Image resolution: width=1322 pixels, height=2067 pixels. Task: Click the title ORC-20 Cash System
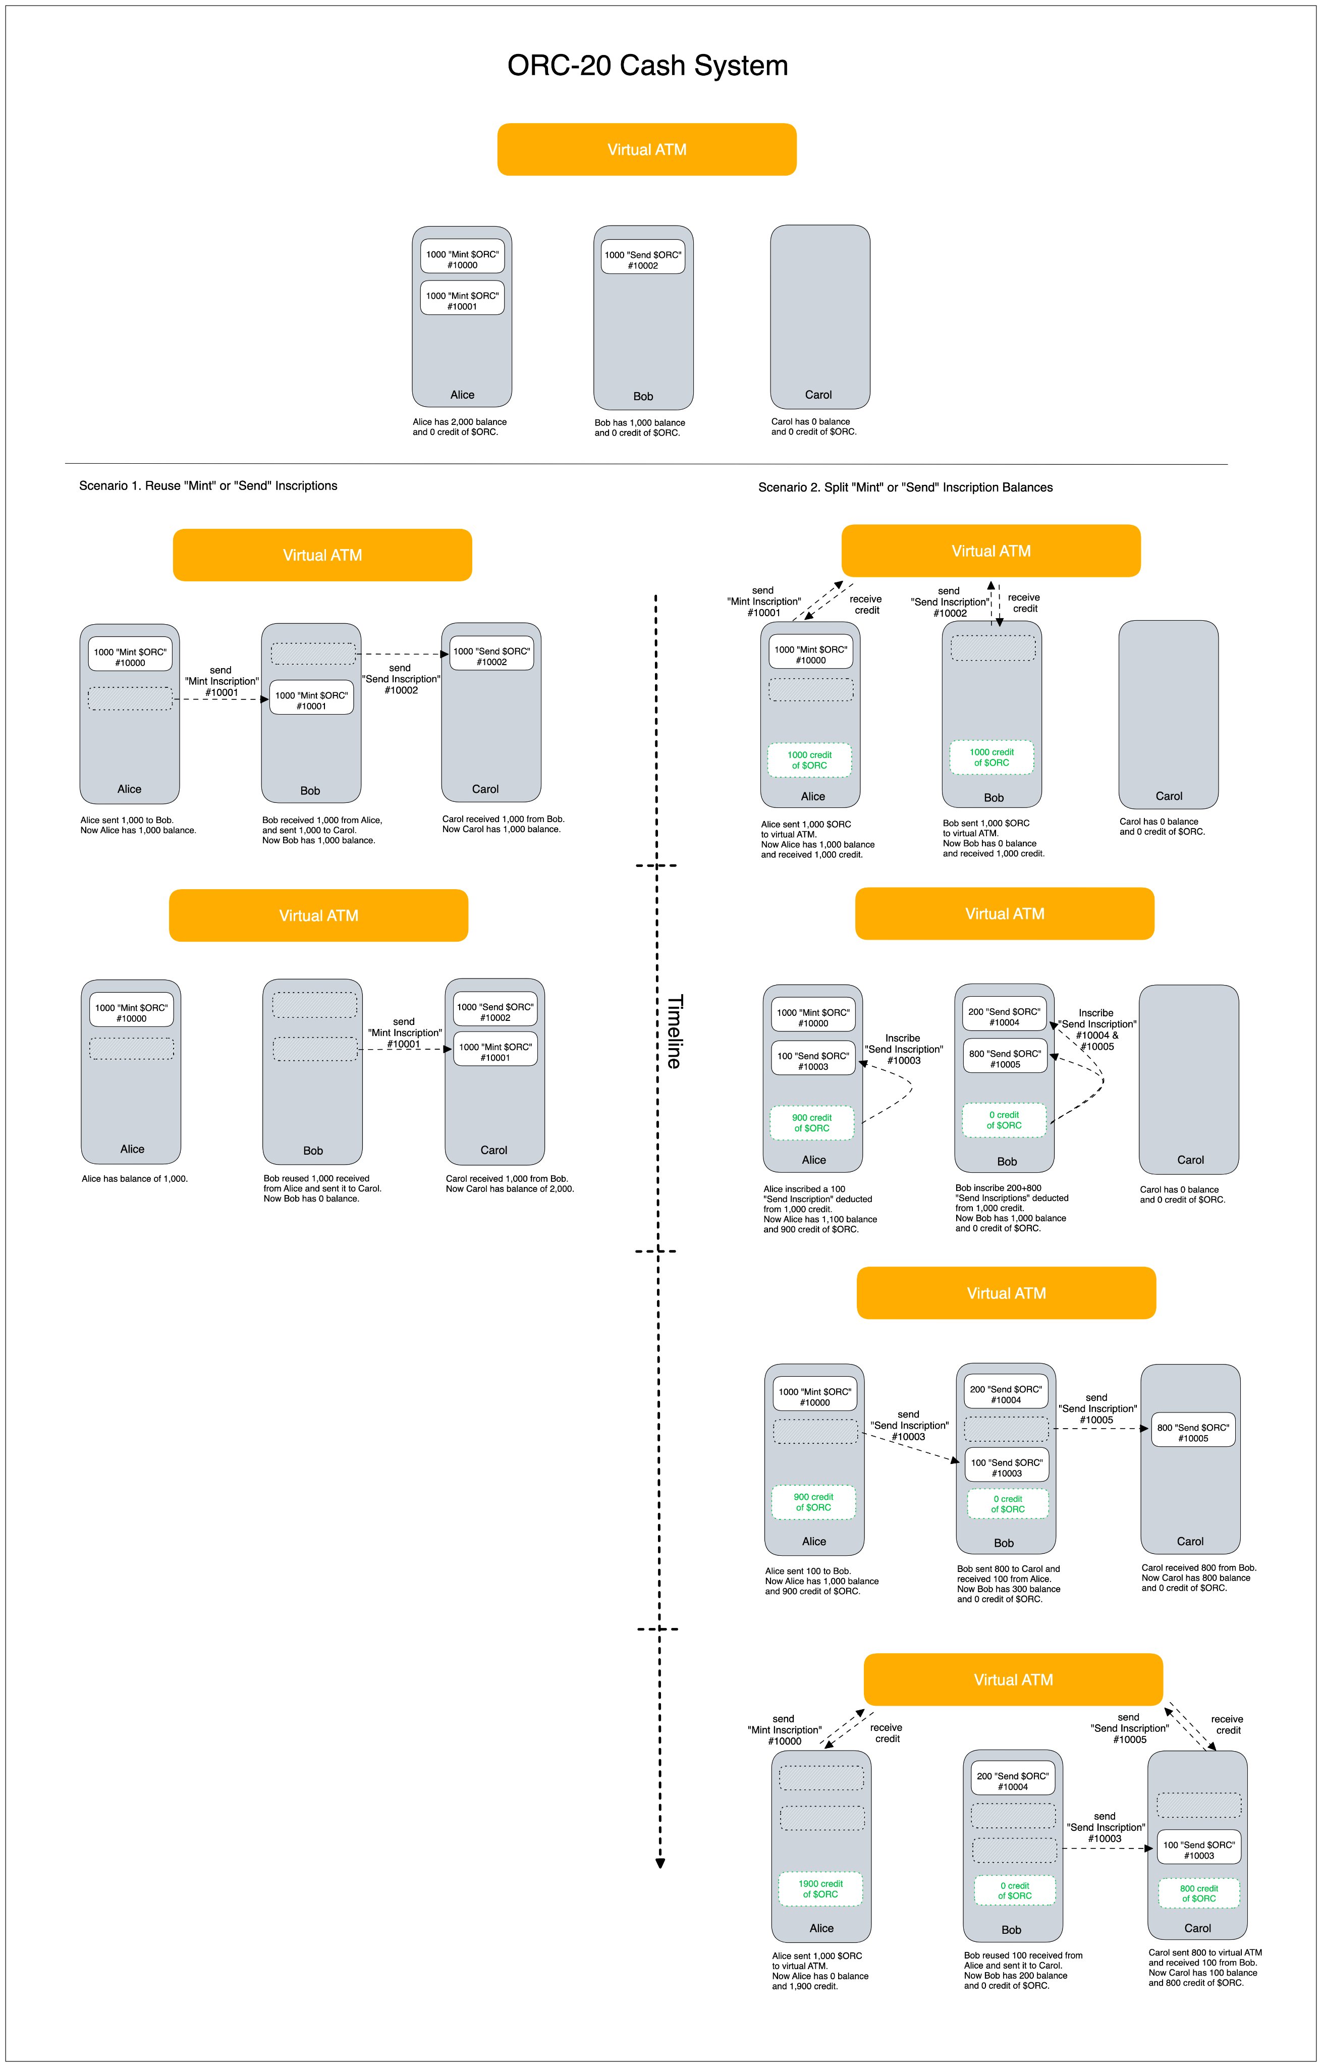(x=647, y=65)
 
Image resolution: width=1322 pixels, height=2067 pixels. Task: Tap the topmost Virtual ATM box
(x=646, y=149)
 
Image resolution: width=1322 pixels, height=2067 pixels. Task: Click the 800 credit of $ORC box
(x=1198, y=1893)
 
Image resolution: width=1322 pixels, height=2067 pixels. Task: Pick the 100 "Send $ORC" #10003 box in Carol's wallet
(x=1198, y=1850)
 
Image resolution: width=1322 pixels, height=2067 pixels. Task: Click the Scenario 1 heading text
(x=208, y=486)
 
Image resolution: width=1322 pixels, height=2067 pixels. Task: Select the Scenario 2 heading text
(x=905, y=487)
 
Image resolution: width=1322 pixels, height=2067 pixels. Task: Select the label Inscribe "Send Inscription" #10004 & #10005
(x=1096, y=1029)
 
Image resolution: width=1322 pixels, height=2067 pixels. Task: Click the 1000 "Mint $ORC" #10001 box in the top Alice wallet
(x=462, y=300)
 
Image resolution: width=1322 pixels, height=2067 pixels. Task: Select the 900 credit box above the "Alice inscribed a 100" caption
(x=811, y=1123)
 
